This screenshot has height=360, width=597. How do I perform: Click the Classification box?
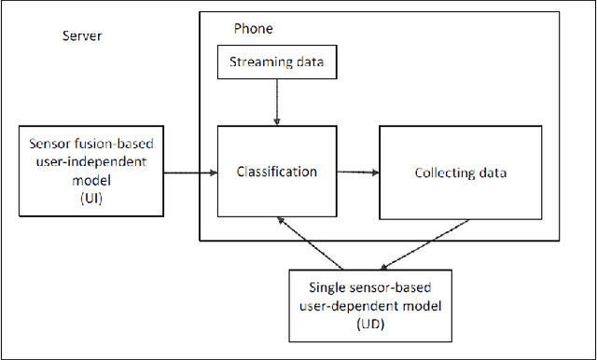(276, 173)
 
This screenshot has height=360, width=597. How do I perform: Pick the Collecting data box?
(459, 173)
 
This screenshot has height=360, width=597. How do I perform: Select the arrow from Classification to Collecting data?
(357, 172)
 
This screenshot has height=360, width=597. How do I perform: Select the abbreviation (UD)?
(370, 325)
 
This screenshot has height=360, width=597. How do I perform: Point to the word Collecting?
(442, 173)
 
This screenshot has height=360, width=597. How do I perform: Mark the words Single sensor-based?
(370, 284)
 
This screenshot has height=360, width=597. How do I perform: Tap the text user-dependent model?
(370, 304)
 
